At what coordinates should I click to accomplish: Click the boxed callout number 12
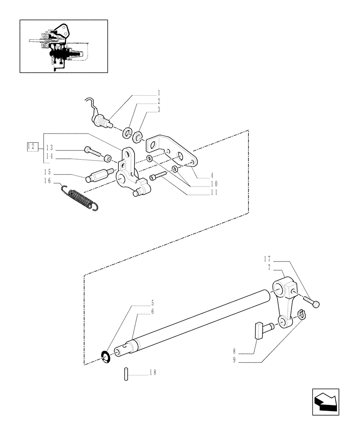click(30, 146)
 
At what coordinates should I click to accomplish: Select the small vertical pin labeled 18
click(126, 374)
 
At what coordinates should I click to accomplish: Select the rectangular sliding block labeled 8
click(260, 329)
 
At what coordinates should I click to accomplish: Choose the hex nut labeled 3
click(138, 137)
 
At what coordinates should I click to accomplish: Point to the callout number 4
click(212, 176)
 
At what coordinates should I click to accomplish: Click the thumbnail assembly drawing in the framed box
click(63, 46)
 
